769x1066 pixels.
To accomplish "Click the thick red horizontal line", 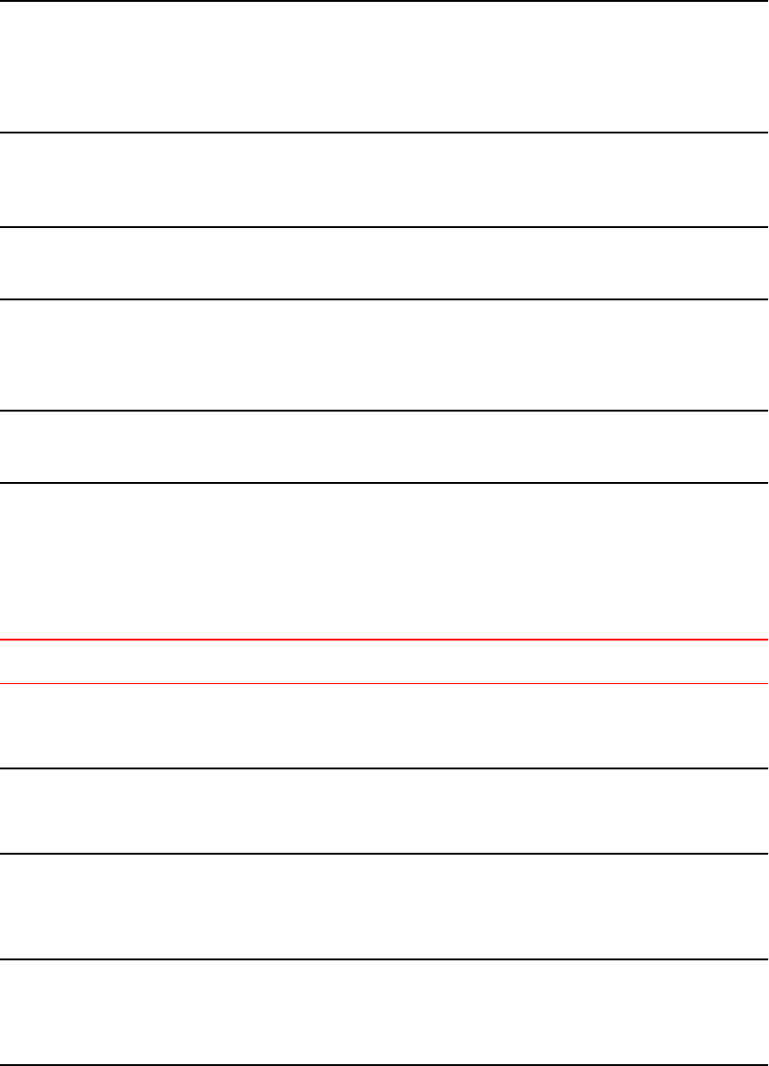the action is point(384,640).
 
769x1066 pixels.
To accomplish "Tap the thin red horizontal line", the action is point(384,684).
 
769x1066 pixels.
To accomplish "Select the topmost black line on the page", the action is point(384,1).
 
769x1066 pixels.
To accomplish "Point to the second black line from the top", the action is point(384,133).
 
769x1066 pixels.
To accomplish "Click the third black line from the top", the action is point(384,227).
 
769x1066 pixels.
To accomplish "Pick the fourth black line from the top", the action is point(384,298).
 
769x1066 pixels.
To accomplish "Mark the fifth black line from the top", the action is point(384,411).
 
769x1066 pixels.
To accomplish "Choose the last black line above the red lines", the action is point(384,482).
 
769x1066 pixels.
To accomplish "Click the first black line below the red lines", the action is point(384,768).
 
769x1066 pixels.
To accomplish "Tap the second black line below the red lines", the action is point(384,854).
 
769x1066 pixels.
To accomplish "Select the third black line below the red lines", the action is point(384,959).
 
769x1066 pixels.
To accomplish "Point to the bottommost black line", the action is point(384,1064).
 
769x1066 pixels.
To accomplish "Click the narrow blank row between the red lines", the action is point(384,662).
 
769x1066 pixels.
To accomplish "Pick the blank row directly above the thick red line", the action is point(384,561).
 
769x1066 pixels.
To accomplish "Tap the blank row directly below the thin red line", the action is point(384,726).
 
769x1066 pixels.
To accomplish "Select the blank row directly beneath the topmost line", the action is point(384,67).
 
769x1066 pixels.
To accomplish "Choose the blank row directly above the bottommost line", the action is point(384,1012).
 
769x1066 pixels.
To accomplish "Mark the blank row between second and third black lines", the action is point(384,180).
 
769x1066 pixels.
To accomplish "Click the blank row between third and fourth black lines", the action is point(384,263).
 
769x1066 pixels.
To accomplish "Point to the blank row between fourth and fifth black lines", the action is point(384,355).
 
